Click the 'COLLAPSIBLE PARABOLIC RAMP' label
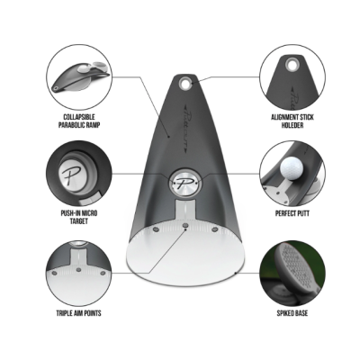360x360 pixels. tap(79, 121)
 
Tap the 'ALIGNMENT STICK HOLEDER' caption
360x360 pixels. tap(292, 121)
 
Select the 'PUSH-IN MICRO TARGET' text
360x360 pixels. tap(79, 217)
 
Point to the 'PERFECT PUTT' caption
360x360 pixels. tap(292, 213)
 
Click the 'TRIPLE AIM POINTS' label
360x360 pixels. tap(79, 313)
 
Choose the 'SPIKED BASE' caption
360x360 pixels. tap(292, 313)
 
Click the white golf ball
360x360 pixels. tap(291, 168)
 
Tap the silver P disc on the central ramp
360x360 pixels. tap(183, 183)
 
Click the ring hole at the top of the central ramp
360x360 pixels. tap(185, 84)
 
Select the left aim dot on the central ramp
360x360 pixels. tap(156, 229)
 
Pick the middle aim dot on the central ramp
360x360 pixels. tap(185, 225)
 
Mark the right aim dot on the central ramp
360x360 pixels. tap(214, 229)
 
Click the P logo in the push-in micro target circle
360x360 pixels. tap(69, 174)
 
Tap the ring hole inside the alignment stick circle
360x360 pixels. tap(291, 64)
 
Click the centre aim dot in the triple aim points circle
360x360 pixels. tap(79, 270)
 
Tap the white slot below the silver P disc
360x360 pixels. tap(185, 210)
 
